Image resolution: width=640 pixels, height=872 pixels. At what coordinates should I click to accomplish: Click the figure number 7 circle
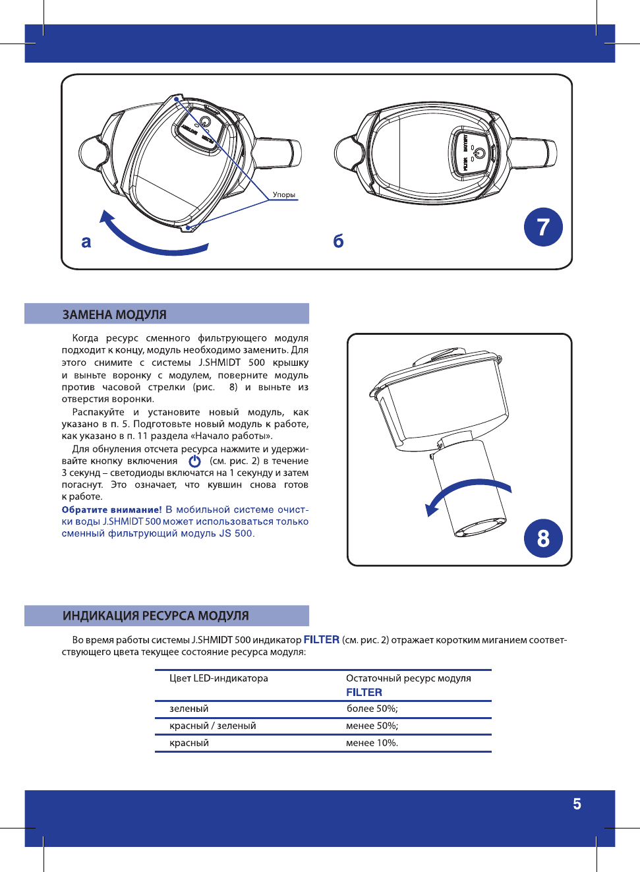543,227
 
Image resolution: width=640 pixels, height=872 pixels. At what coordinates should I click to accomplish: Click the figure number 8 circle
543,538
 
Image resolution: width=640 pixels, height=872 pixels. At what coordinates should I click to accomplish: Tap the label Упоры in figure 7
284,194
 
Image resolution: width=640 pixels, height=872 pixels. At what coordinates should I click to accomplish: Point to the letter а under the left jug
86,242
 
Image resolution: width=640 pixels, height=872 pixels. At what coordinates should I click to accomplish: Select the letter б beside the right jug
338,241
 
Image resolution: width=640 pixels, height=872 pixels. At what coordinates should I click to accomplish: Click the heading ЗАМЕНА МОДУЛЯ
114,314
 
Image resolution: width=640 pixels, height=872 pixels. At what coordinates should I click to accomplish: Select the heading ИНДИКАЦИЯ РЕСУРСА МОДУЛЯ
156,616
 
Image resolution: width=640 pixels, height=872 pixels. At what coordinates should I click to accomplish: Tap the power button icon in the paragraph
194,461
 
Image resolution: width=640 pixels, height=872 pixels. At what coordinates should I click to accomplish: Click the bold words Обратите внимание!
111,509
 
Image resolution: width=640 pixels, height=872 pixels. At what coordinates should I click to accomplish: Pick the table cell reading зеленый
189,709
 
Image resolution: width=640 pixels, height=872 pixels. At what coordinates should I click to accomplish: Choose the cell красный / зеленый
213,726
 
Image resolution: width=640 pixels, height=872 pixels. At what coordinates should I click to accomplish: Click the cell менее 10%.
372,743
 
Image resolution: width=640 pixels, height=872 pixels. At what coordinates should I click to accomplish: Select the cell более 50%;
372,709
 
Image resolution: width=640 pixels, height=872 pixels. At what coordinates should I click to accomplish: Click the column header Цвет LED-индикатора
219,678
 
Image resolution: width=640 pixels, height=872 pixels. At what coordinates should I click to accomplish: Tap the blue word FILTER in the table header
364,692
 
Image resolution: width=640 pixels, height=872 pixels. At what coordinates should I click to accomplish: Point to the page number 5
577,804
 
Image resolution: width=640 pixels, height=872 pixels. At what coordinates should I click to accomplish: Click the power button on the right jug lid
479,154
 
